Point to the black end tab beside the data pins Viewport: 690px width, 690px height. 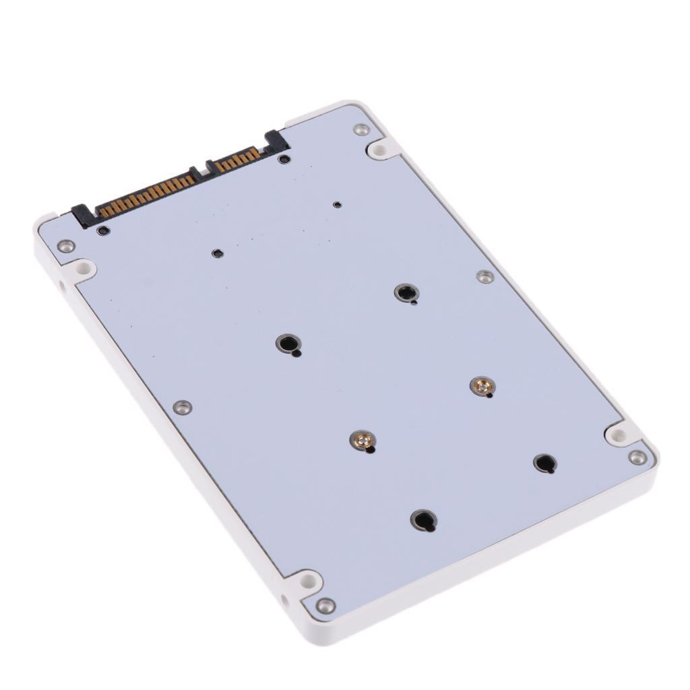277,142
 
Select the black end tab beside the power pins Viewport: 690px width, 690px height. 83,216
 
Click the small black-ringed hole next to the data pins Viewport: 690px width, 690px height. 285,160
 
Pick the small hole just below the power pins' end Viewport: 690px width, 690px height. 103,231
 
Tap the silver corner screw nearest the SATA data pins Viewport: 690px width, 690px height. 362,129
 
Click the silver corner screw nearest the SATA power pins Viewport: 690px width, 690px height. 65,246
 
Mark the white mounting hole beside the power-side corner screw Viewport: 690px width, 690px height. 84,269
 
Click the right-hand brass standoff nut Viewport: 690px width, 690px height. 482,385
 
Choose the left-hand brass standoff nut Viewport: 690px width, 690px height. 363,441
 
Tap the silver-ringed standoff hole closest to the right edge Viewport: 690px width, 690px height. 406,292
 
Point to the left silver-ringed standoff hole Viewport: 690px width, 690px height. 288,344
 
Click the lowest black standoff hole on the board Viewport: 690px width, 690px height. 423,520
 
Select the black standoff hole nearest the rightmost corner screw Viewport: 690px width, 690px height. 544,463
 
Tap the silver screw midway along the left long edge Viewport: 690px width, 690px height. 182,407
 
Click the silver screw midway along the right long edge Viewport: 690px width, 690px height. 485,276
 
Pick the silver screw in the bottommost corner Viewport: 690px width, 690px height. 325,605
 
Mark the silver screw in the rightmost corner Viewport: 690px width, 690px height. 637,458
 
